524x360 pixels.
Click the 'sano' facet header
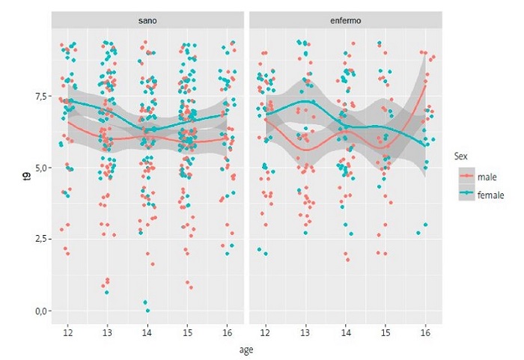pos(147,20)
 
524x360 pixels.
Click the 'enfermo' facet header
pos(345,20)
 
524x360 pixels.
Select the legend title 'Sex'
pos(461,156)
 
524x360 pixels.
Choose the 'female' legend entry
pos(490,194)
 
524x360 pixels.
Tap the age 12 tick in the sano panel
pos(68,331)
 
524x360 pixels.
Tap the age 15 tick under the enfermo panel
pos(385,331)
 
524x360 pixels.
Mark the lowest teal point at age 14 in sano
pos(147,311)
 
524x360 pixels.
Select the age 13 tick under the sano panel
pos(108,331)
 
